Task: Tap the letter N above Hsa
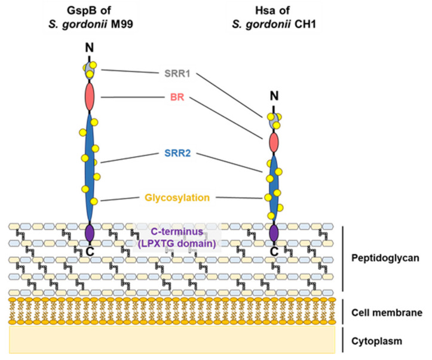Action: (274, 96)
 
